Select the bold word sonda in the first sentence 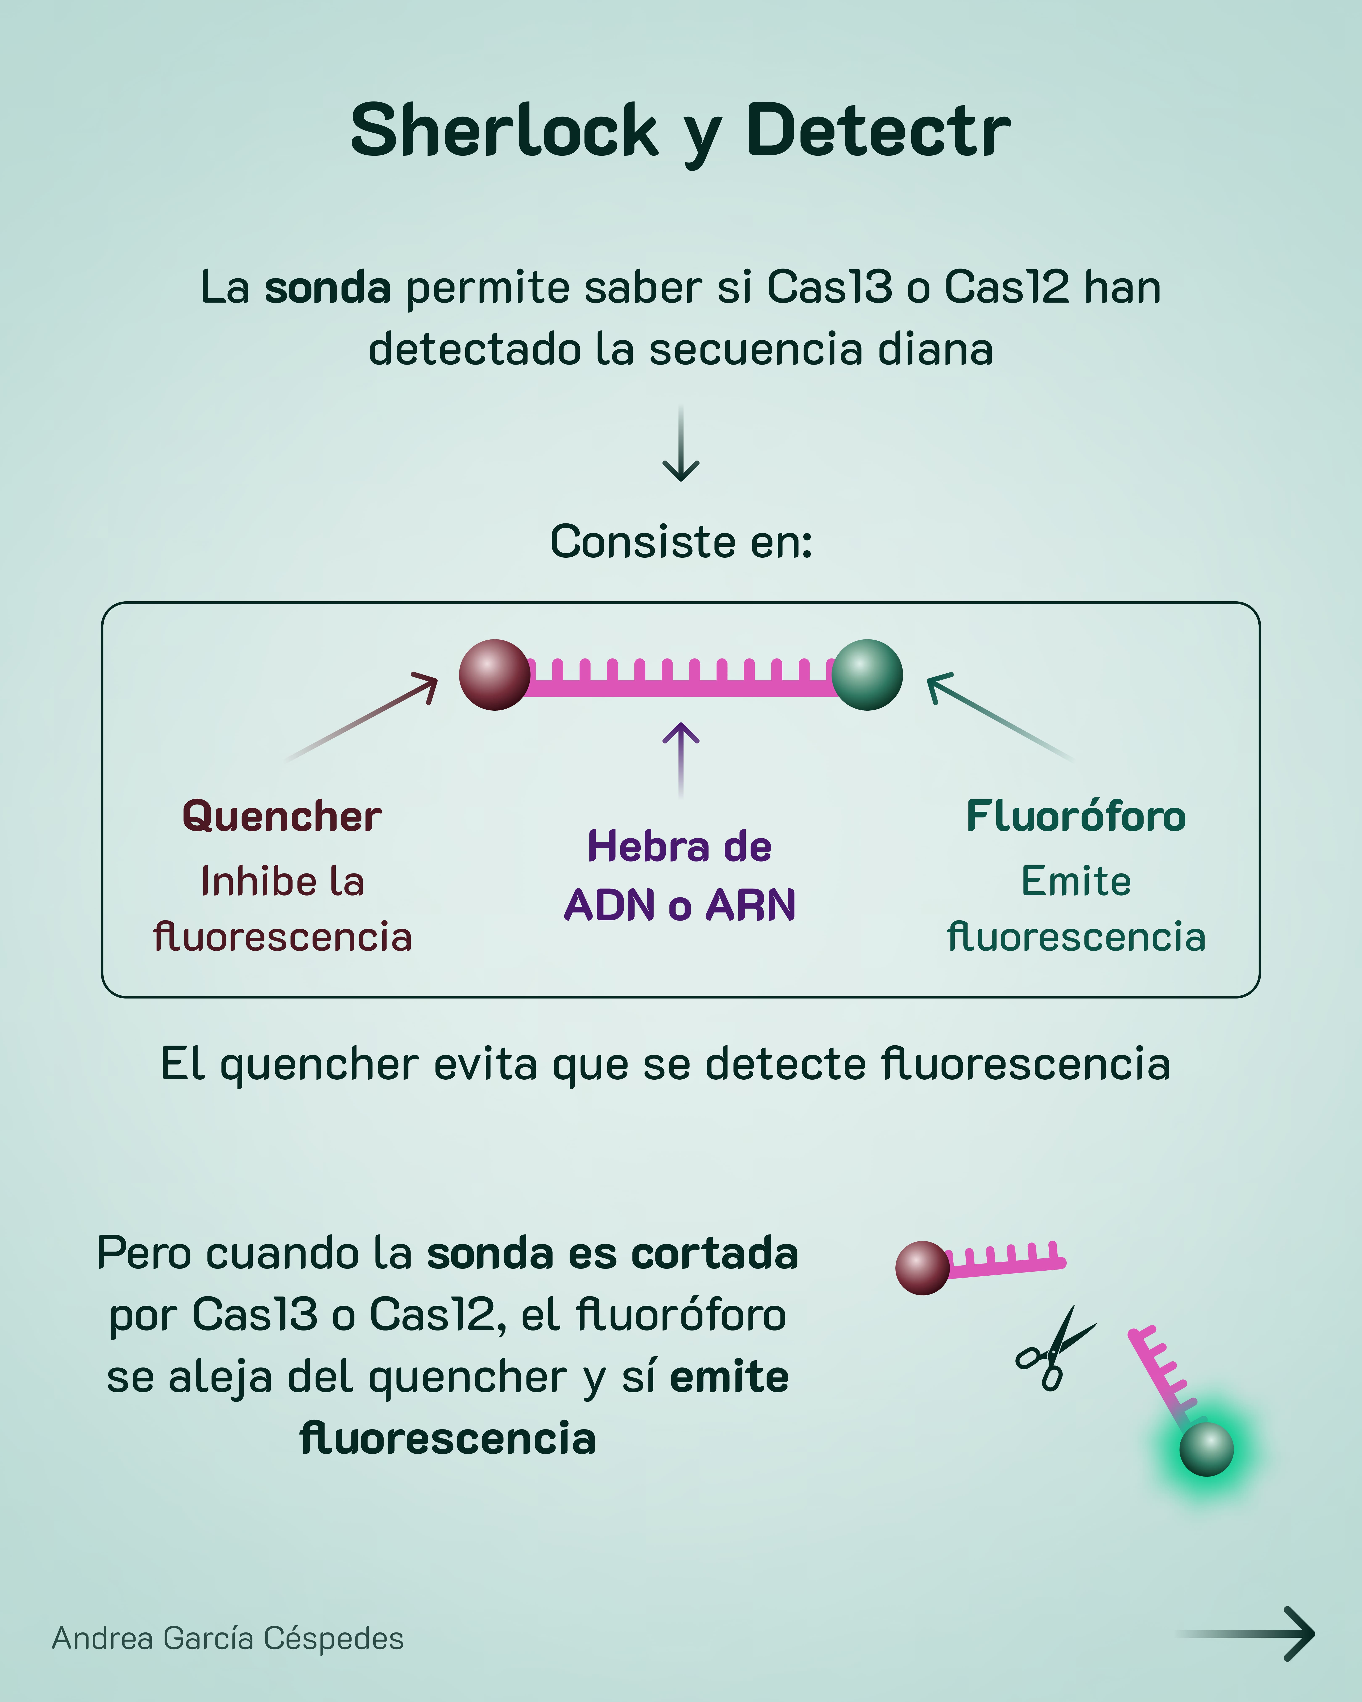pyautogui.click(x=327, y=287)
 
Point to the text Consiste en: pyautogui.click(x=681, y=542)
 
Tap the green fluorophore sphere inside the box pyautogui.click(x=867, y=675)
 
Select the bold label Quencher pyautogui.click(x=282, y=816)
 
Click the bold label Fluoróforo pyautogui.click(x=1075, y=816)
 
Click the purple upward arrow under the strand pyautogui.click(x=681, y=758)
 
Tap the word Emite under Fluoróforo pyautogui.click(x=1075, y=881)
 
